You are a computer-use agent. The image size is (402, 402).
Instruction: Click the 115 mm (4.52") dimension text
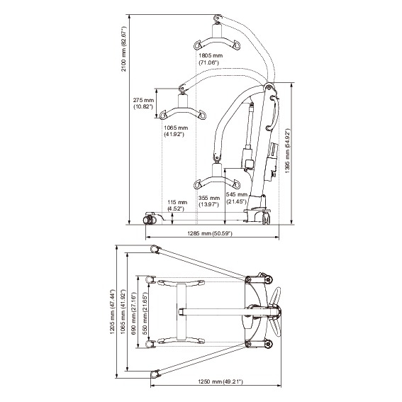177,206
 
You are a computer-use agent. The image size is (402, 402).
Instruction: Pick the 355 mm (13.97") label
209,201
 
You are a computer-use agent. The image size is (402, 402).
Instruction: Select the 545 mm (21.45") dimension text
236,198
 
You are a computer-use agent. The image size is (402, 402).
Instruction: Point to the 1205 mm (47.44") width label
114,312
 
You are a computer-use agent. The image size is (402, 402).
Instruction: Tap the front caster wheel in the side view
150,216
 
